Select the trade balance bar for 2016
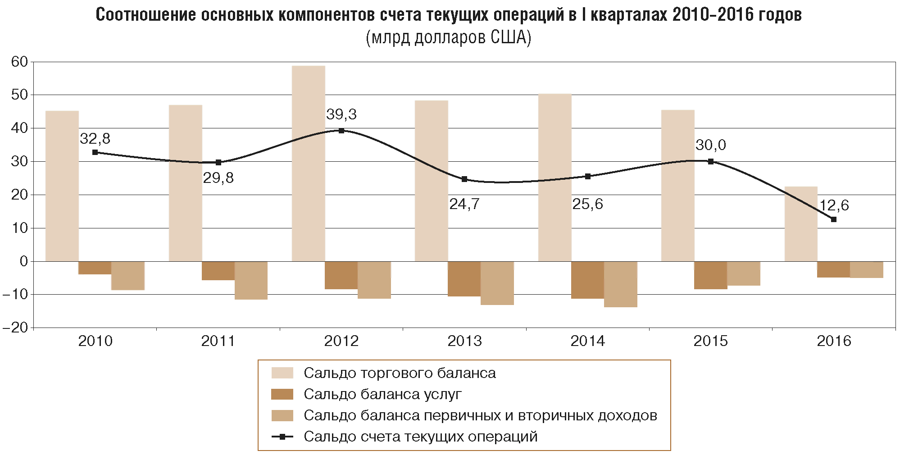click(801, 223)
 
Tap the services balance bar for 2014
click(587, 280)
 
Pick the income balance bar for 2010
click(128, 275)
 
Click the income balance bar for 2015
click(744, 273)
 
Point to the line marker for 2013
click(464, 179)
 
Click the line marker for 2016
click(833, 219)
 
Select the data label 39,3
click(341, 114)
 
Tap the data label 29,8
click(218, 178)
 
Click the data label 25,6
click(587, 204)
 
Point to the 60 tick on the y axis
click(19, 62)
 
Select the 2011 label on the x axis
click(218, 341)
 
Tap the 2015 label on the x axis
click(710, 341)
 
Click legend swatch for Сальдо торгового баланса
click(282, 373)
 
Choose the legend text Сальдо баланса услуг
click(382, 394)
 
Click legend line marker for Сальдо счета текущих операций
click(282, 437)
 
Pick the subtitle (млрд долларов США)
click(448, 38)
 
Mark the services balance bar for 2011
click(218, 271)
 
